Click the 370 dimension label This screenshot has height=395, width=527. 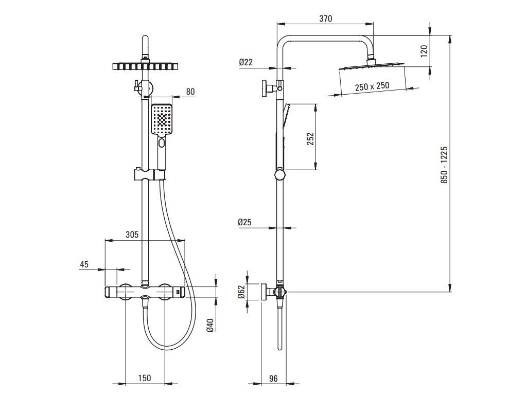[x=325, y=19]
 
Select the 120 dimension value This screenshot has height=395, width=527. [x=425, y=50]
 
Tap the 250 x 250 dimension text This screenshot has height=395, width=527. [x=372, y=86]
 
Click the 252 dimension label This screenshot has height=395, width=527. [x=310, y=139]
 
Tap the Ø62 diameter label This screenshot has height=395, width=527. [x=240, y=292]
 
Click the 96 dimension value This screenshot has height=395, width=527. [x=273, y=379]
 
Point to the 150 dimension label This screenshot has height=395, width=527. [x=145, y=379]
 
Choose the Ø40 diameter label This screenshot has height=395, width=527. [x=209, y=325]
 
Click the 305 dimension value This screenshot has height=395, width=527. [x=132, y=235]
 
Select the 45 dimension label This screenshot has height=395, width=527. [x=84, y=264]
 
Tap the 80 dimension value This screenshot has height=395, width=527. [x=190, y=92]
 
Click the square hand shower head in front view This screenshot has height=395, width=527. [x=163, y=119]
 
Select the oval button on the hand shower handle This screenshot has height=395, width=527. [x=162, y=143]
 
